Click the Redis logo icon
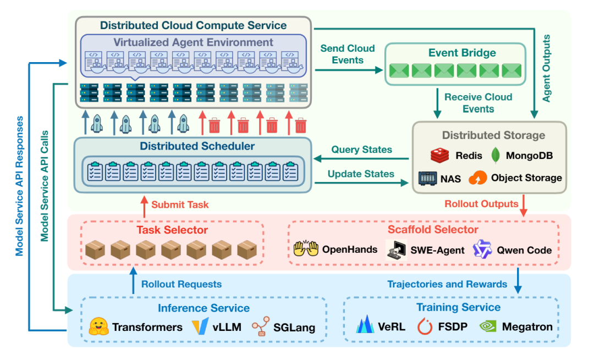click(440, 156)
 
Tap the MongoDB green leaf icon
click(495, 155)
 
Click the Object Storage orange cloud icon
click(478, 178)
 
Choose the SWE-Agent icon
click(395, 250)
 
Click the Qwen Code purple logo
click(482, 250)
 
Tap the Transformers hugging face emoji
click(98, 327)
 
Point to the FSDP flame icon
click(425, 326)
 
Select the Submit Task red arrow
click(145, 207)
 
